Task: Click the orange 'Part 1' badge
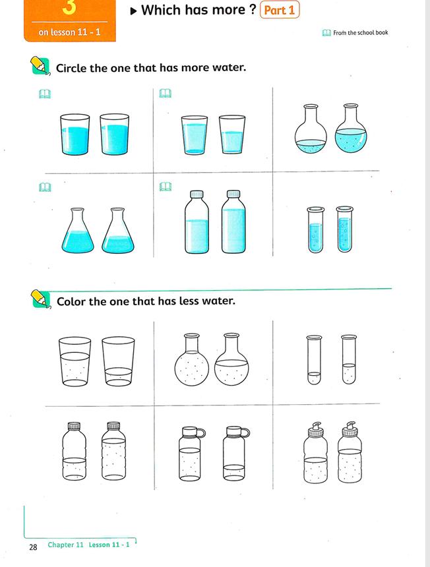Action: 280,10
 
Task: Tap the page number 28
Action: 33,547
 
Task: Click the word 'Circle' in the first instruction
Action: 71,68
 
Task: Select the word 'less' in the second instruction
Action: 190,301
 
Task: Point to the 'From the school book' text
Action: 361,32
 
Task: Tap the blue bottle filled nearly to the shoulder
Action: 233,222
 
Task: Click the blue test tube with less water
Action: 315,229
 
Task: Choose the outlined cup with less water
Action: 118,361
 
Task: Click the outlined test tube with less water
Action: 314,360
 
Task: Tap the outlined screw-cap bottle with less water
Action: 75,451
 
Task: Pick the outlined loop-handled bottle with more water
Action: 191,454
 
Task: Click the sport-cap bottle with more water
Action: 350,452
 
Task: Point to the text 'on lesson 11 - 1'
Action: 69,32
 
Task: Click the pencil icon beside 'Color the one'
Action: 40,299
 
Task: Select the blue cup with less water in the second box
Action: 232,134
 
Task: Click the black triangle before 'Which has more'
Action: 134,11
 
